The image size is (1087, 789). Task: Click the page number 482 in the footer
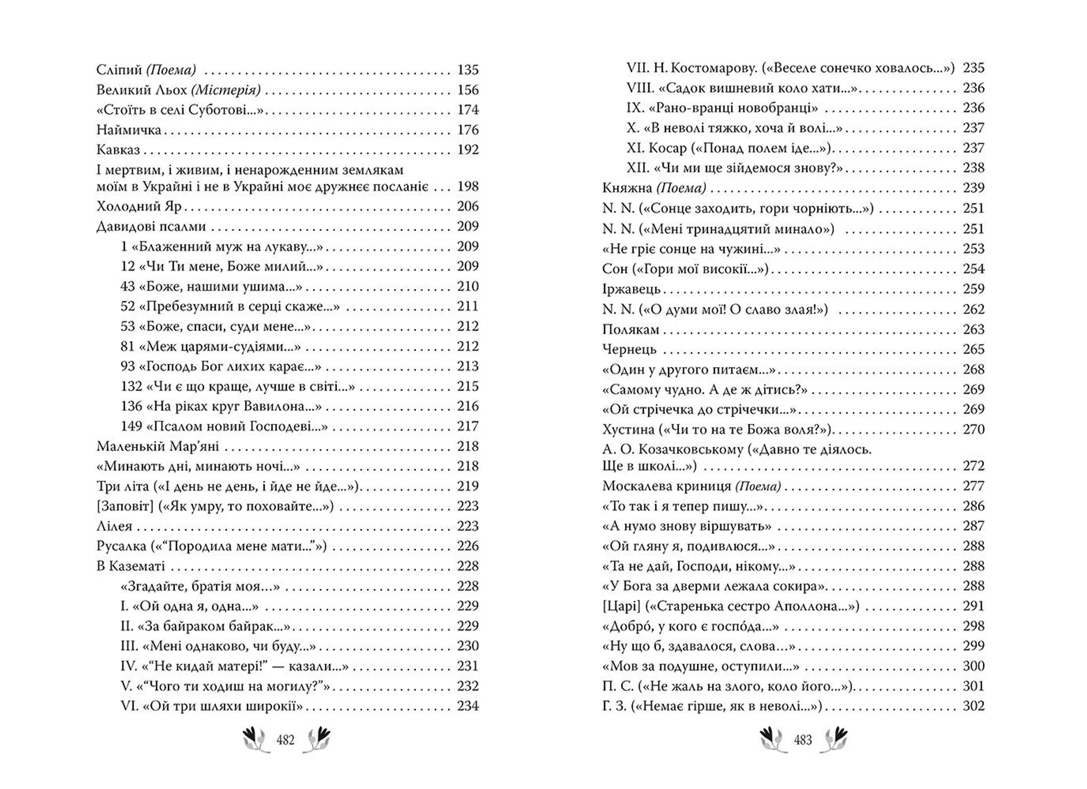[285, 740]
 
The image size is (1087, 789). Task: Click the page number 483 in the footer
[803, 740]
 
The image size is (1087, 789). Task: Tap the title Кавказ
[118, 150]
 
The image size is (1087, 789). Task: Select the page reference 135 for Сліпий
[468, 70]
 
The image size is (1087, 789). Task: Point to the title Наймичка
[129, 130]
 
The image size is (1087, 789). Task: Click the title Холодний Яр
[139, 206]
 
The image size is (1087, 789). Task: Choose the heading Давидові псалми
[151, 227]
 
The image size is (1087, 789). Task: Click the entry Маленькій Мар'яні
[157, 446]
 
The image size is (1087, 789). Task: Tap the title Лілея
[114, 527]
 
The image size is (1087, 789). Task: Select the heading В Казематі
[131, 566]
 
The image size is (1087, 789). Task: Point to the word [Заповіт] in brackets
[125, 506]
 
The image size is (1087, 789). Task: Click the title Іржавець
[631, 289]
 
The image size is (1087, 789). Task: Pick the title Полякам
[631, 330]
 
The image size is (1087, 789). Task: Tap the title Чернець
[629, 350]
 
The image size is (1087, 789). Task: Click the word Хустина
[628, 430]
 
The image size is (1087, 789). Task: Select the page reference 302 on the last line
[974, 706]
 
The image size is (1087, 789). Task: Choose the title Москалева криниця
[667, 486]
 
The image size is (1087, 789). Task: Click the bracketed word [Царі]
[621, 606]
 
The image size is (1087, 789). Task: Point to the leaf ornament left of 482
[256, 740]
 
